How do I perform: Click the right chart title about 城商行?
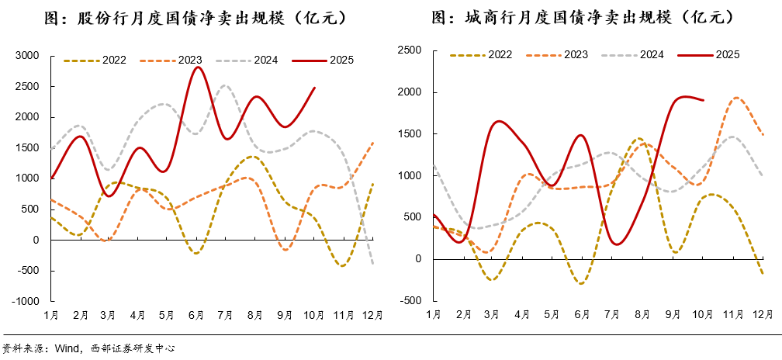click(583, 17)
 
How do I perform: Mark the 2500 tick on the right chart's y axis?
click(410, 50)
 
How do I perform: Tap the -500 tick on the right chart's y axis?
click(411, 301)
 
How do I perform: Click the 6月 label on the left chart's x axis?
click(196, 314)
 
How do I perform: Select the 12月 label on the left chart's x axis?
click(373, 314)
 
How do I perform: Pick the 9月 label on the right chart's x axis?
click(673, 314)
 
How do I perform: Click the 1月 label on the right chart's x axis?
click(433, 314)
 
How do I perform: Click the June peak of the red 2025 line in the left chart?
click(199, 67)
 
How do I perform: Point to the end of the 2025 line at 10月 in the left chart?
click(314, 88)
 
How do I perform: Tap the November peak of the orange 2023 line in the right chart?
click(735, 98)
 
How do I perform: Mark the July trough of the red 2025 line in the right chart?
click(617, 244)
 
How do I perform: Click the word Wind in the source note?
click(65, 349)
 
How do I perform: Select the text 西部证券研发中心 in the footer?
click(133, 349)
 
